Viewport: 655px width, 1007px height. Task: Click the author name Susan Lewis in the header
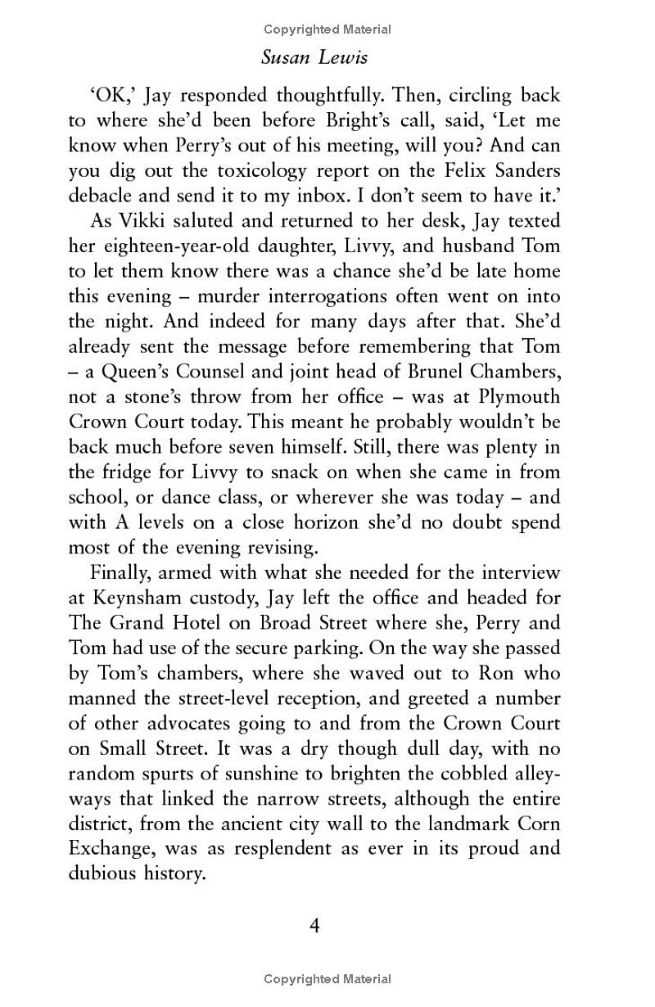tap(327, 58)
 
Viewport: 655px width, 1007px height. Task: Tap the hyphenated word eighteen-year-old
tap(175, 246)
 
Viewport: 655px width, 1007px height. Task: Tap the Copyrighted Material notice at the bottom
tap(327, 979)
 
